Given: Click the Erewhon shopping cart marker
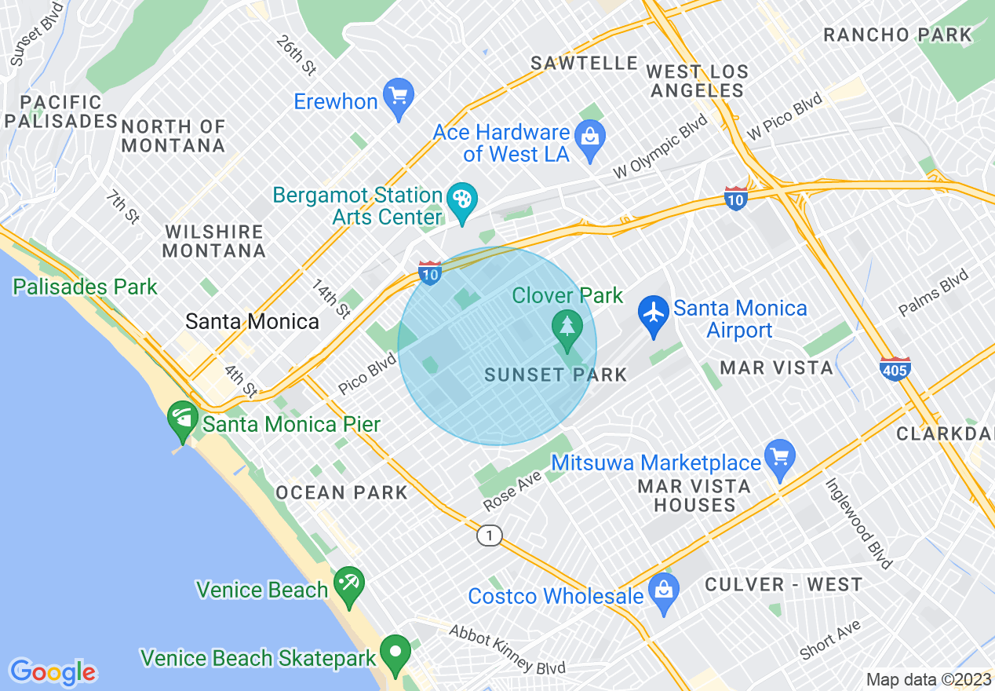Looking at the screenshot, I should [x=399, y=97].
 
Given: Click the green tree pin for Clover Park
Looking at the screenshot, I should [x=566, y=325].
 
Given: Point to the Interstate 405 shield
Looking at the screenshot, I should [x=895, y=368].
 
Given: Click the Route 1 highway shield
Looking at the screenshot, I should [x=490, y=536].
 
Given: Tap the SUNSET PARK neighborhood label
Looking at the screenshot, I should [x=556, y=375].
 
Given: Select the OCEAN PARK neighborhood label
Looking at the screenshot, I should [x=341, y=492].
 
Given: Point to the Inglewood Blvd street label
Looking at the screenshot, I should [x=858, y=523].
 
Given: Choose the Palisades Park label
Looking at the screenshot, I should [x=85, y=287].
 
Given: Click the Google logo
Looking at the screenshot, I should [x=53, y=671].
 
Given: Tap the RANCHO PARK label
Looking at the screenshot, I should [x=897, y=35].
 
